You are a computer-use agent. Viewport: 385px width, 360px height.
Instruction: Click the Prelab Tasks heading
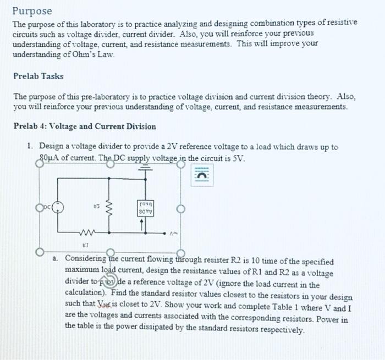pyautogui.click(x=38, y=76)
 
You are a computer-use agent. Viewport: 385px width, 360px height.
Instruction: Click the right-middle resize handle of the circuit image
pyautogui.click(x=180, y=209)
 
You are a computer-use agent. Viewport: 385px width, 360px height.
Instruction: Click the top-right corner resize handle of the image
pyautogui.click(x=180, y=164)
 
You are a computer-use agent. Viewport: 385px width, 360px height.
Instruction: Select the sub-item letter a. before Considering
pyautogui.click(x=57, y=258)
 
